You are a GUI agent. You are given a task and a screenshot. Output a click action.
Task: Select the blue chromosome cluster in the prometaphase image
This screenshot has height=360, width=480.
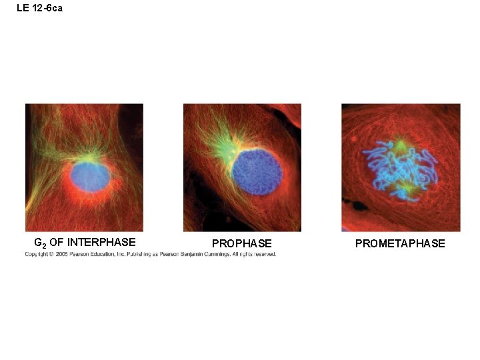[399, 171]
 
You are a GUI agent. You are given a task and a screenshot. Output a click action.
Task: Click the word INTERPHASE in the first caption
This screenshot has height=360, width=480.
[101, 243]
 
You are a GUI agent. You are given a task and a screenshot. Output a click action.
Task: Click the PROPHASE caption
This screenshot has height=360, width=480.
[242, 244]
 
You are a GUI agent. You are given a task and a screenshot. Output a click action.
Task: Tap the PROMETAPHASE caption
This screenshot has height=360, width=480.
[400, 244]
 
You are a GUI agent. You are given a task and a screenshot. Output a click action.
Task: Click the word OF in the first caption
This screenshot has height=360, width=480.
[56, 243]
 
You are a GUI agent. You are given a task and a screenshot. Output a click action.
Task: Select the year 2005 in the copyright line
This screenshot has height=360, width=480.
[62, 254]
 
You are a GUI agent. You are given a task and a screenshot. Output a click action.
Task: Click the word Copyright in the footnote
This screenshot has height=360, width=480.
[37, 254]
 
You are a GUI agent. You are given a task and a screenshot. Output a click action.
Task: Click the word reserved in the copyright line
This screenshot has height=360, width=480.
[263, 254]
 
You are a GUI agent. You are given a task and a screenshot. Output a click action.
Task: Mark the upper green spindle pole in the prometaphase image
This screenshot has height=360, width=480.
[400, 145]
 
